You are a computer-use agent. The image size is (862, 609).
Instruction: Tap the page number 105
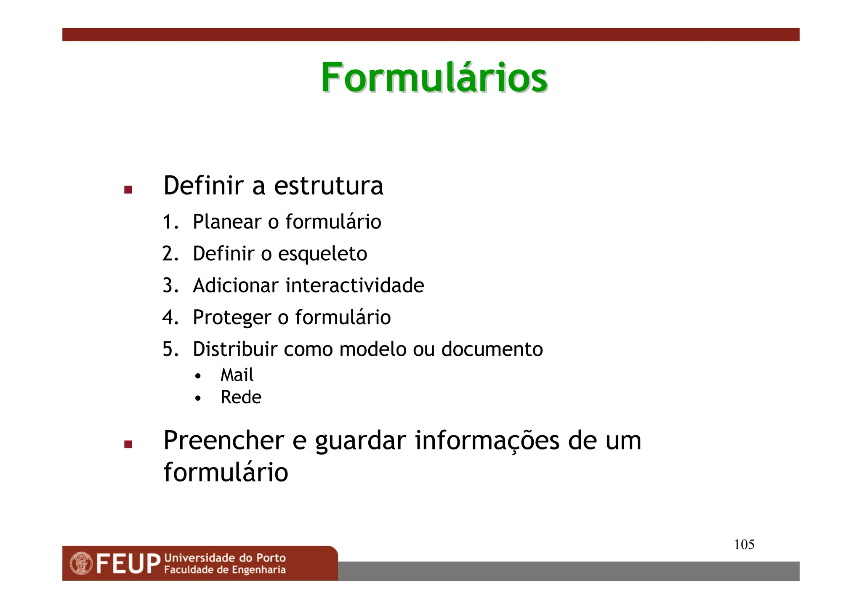pyautogui.click(x=744, y=545)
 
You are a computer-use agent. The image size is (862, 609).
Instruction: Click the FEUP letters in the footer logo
pyautogui.click(x=128, y=564)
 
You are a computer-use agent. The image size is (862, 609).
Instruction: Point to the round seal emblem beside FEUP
pyautogui.click(x=81, y=564)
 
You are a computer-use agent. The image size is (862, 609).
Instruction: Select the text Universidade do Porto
pyautogui.click(x=225, y=558)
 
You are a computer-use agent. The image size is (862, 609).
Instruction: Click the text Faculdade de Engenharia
pyautogui.click(x=225, y=570)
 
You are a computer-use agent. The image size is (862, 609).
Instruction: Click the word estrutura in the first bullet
pyautogui.click(x=328, y=186)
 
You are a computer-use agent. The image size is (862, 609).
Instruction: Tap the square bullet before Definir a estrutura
pyautogui.click(x=128, y=190)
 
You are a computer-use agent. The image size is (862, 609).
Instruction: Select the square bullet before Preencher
pyautogui.click(x=128, y=444)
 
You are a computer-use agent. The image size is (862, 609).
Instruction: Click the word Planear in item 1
pyautogui.click(x=227, y=222)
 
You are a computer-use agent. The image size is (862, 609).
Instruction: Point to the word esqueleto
pyautogui.click(x=322, y=254)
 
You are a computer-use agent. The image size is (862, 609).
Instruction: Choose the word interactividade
pyautogui.click(x=355, y=285)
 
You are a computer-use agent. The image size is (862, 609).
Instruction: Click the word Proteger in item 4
pyautogui.click(x=232, y=318)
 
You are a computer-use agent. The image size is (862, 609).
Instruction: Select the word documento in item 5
pyautogui.click(x=492, y=349)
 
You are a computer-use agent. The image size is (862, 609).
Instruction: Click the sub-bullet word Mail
pyautogui.click(x=237, y=375)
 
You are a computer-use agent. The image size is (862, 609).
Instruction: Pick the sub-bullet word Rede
pyautogui.click(x=241, y=397)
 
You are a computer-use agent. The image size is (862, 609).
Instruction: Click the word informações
pyautogui.click(x=487, y=441)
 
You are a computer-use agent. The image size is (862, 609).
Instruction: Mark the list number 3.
pyautogui.click(x=170, y=286)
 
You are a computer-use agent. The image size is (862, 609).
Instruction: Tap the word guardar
pyautogui.click(x=361, y=441)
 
